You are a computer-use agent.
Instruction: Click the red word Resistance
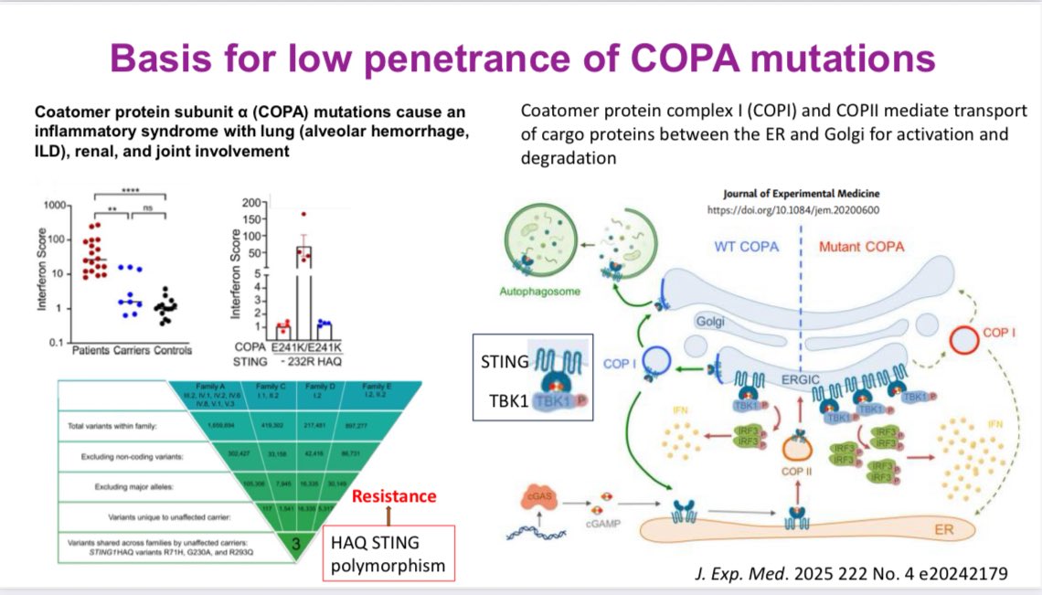click(x=395, y=496)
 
